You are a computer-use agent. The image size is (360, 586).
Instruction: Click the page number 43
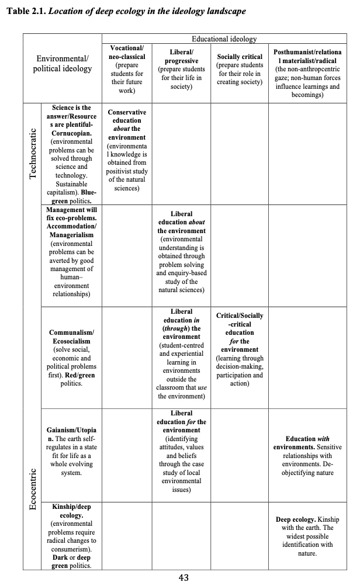[183, 578]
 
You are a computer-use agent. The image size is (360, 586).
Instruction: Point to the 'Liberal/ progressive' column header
[181, 57]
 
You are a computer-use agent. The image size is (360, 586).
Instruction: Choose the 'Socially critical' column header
[240, 57]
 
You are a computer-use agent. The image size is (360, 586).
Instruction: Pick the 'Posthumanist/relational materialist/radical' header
[307, 57]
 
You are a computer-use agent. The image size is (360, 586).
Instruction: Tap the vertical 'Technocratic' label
[33, 153]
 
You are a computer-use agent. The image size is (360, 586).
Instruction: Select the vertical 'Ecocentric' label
[33, 488]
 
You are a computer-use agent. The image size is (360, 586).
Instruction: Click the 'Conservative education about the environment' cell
[127, 124]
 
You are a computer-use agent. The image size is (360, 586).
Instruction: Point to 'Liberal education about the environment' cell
[181, 223]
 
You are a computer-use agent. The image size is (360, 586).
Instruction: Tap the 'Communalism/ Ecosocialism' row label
[71, 337]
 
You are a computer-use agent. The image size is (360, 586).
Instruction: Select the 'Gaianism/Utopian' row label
[71, 434]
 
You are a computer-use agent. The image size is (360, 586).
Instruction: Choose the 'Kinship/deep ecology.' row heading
[71, 511]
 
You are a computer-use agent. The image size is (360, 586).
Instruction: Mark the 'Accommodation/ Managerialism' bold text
[71, 230]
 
